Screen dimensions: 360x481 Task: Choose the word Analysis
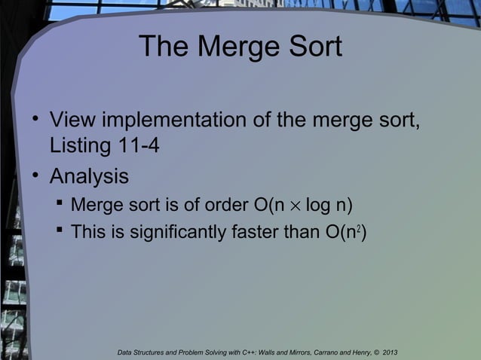pyautogui.click(x=89, y=177)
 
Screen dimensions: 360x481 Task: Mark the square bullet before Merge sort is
pyautogui.click(x=60, y=204)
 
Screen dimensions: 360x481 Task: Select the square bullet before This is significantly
pyautogui.click(x=60, y=231)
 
